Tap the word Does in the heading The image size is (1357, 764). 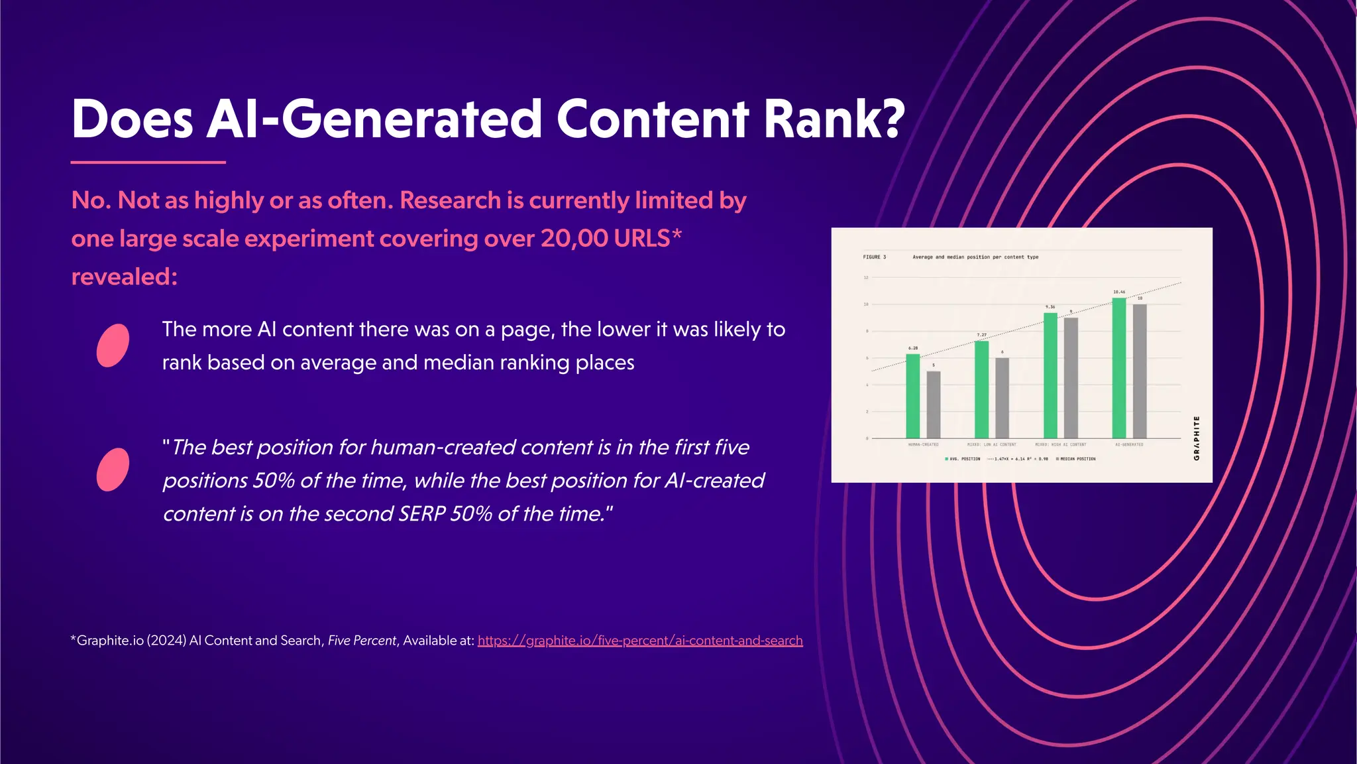click(x=132, y=119)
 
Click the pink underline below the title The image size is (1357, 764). click(x=148, y=162)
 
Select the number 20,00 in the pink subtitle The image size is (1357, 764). click(x=574, y=238)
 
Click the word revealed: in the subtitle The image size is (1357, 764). click(x=125, y=277)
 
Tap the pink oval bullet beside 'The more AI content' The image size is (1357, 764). click(x=113, y=345)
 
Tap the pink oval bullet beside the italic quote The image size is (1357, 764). click(x=113, y=470)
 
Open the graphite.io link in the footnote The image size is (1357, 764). click(x=639, y=641)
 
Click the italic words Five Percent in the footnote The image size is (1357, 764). click(x=362, y=641)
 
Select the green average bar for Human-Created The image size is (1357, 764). click(x=912, y=396)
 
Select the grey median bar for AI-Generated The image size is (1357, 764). click(x=1140, y=371)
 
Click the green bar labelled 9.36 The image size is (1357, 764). click(x=1050, y=375)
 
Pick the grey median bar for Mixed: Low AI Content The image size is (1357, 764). click(x=1002, y=398)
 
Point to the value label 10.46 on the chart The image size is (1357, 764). click(x=1118, y=292)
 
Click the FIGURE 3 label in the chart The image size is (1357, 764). click(x=874, y=257)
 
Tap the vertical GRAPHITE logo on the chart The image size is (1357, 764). click(x=1196, y=438)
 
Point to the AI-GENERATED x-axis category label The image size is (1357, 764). click(x=1129, y=444)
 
